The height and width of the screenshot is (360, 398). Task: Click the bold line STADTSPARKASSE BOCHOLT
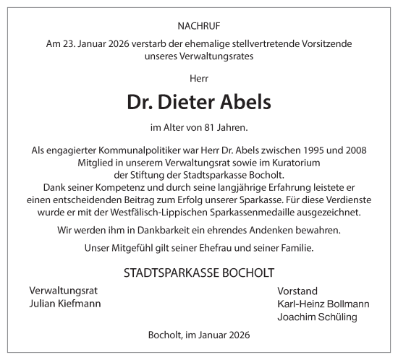pos(199,273)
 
